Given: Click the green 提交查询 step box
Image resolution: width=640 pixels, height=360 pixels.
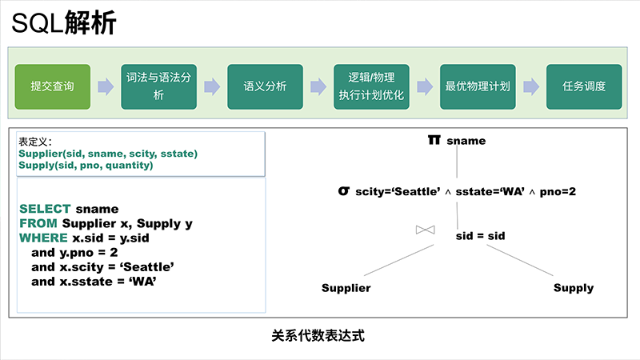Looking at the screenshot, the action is point(53,86).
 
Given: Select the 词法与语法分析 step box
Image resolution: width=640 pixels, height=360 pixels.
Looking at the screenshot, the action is point(158,86).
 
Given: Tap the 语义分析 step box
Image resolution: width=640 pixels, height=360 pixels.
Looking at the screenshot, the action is point(266,86).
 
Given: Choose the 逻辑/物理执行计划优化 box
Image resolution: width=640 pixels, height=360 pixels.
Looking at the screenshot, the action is point(371,86).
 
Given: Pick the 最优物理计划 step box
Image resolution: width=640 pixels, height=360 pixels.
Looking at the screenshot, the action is point(478,86).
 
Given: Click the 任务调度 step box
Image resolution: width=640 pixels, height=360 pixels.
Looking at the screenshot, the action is point(584,86).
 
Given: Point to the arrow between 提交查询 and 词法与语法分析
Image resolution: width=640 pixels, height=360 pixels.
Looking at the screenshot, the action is point(106,86).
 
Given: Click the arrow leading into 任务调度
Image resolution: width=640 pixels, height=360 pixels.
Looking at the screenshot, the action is point(531,86).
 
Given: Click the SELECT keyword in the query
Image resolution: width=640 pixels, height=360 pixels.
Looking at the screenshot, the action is point(45,209).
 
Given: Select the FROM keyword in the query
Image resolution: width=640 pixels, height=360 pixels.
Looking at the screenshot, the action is point(38,223).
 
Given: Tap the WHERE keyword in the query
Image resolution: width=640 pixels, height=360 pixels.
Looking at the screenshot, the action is point(43,238).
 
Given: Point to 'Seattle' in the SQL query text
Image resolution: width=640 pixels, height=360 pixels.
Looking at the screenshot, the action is point(147,267).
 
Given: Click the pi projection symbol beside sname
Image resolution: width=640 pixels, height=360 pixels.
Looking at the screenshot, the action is point(434,140).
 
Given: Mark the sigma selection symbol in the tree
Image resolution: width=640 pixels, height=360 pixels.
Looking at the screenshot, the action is point(344,190).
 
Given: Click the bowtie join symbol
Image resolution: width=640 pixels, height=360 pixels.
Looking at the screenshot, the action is point(426,230).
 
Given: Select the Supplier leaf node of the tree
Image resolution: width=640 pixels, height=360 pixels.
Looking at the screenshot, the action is point(346,288).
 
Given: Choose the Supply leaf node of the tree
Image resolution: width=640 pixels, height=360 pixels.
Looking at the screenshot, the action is point(574,288).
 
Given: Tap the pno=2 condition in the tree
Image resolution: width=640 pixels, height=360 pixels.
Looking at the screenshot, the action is point(558,191).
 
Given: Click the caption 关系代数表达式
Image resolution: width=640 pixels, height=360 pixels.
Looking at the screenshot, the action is point(318,336).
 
